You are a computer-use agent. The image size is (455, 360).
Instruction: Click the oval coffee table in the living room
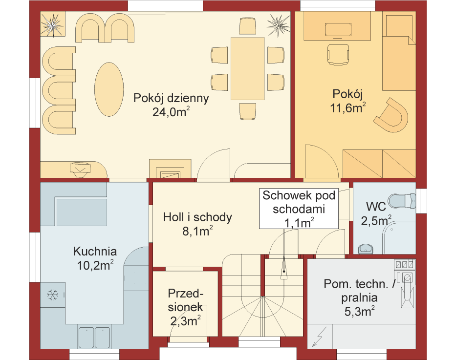(109, 89)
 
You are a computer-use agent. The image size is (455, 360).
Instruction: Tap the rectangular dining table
(248, 68)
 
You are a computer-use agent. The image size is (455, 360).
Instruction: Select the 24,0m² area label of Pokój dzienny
(171, 112)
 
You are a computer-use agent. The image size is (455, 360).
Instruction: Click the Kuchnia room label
(95, 251)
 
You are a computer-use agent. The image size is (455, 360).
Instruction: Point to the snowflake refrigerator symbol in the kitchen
(52, 295)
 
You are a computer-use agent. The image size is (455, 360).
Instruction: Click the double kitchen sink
(94, 338)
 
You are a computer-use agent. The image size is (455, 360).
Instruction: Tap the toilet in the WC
(402, 201)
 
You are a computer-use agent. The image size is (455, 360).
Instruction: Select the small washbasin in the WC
(366, 249)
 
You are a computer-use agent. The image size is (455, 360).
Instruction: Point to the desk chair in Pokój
(338, 55)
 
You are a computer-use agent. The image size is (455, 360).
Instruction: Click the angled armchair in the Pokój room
(391, 115)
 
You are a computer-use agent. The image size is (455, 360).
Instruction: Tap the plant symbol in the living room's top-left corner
(53, 24)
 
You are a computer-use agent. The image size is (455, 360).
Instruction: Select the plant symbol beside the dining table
(278, 25)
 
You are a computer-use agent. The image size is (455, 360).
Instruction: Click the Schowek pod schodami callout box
(299, 209)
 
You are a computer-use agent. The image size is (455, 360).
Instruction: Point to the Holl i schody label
(197, 217)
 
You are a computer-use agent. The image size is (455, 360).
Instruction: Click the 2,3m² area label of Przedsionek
(185, 321)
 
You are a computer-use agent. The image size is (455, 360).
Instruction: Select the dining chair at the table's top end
(247, 26)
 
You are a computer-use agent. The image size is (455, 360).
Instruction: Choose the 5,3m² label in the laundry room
(360, 311)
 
